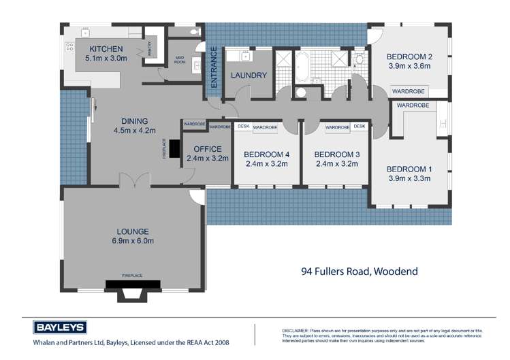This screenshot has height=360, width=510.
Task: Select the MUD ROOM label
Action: click(x=180, y=59)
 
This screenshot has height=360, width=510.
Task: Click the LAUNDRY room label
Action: click(x=249, y=76)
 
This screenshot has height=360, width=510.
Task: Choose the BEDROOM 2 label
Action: click(x=409, y=56)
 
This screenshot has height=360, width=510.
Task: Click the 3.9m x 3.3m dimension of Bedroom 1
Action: click(x=409, y=179)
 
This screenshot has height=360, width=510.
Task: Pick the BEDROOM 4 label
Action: click(x=267, y=154)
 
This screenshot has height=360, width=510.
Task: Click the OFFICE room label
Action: click(x=208, y=149)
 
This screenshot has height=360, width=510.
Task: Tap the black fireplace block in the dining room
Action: click(x=174, y=148)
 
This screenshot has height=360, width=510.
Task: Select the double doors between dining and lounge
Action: click(x=133, y=180)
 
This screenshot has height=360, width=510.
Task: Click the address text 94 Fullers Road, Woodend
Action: click(x=359, y=271)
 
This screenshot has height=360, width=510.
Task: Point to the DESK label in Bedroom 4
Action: click(x=243, y=127)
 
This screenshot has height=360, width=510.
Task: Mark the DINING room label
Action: click(x=134, y=121)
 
